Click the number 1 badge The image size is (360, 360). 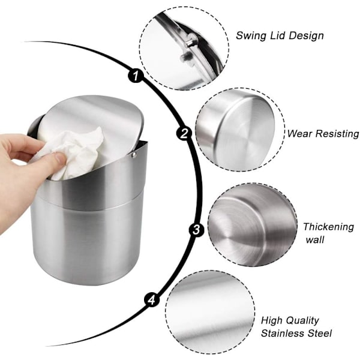136,75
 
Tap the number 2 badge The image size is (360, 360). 184,133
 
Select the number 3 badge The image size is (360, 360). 196,229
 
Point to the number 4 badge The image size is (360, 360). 152,300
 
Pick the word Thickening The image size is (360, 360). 329,227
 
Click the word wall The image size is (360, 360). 315,240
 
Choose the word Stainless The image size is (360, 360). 284,333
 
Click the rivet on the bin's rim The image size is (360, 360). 134,155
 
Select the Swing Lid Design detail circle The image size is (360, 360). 184,48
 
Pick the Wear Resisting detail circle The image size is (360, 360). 240,130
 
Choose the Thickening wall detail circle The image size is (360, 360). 253,225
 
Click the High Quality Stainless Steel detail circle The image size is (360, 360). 210,311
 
